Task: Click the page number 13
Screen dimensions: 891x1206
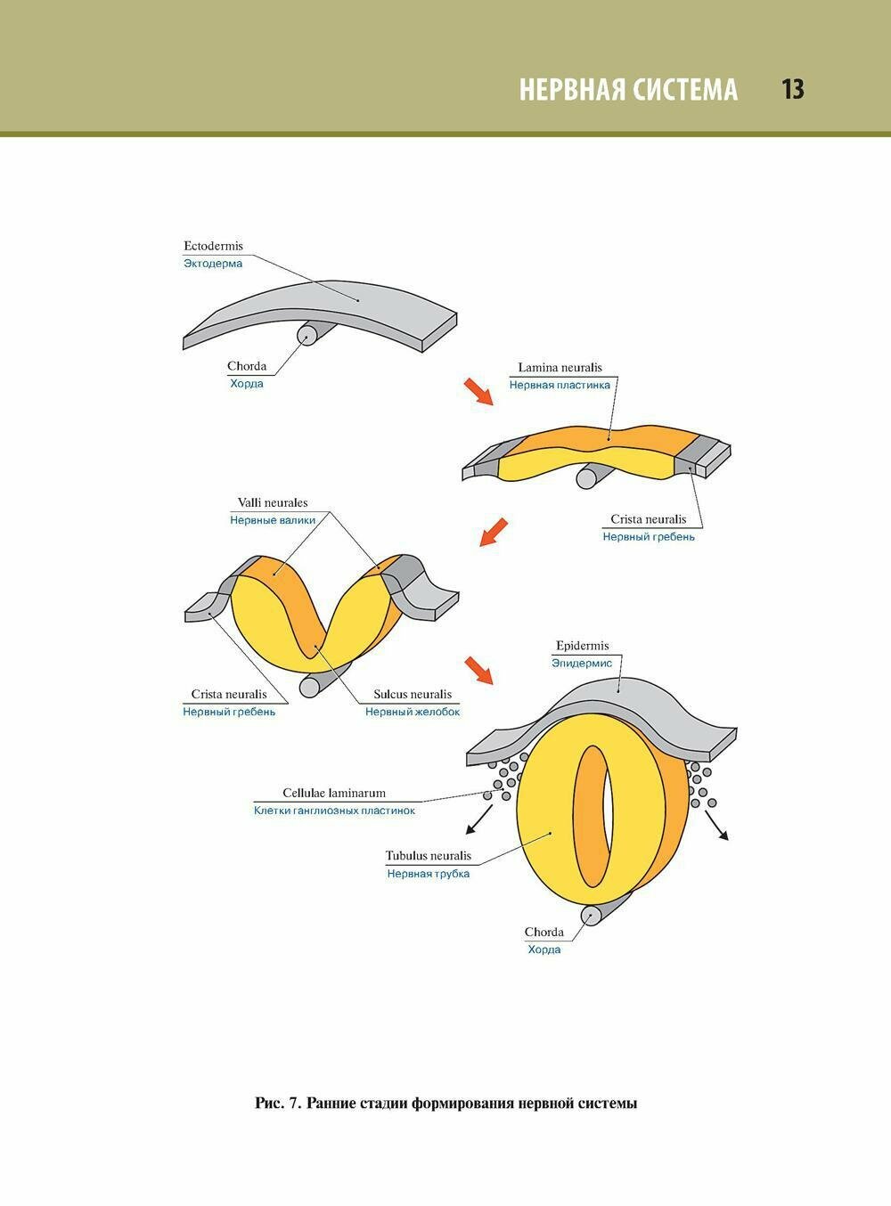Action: [792, 89]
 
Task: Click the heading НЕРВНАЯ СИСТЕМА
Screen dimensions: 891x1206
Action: [628, 90]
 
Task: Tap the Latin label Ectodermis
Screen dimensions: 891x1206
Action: [213, 246]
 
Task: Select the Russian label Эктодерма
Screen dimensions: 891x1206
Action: [213, 264]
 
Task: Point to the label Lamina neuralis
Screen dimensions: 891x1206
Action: [560, 367]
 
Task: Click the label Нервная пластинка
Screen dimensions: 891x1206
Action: [560, 385]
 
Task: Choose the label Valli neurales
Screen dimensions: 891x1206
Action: [273, 502]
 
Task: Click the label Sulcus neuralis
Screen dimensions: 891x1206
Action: [413, 694]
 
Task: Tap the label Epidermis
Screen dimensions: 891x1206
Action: [582, 646]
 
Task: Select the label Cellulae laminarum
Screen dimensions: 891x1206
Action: [334, 793]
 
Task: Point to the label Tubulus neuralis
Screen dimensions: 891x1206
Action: [429, 856]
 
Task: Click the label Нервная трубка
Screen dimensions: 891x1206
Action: [429, 874]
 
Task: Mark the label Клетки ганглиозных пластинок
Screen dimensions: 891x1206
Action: [334, 811]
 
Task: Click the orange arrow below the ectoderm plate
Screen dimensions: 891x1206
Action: [478, 392]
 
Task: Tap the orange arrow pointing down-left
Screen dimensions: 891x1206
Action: [494, 532]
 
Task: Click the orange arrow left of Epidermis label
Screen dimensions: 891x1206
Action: [478, 670]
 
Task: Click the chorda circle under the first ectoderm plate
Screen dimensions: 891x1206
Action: [307, 335]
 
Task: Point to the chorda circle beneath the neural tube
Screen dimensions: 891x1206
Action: [591, 915]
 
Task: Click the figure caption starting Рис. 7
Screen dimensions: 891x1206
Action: [445, 1104]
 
